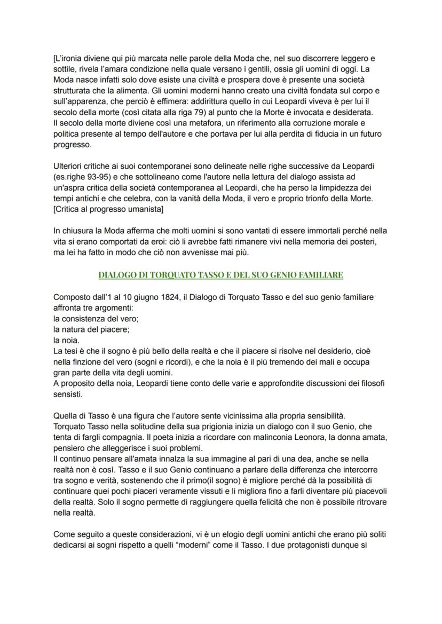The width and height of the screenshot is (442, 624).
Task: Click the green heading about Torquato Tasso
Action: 220,275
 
